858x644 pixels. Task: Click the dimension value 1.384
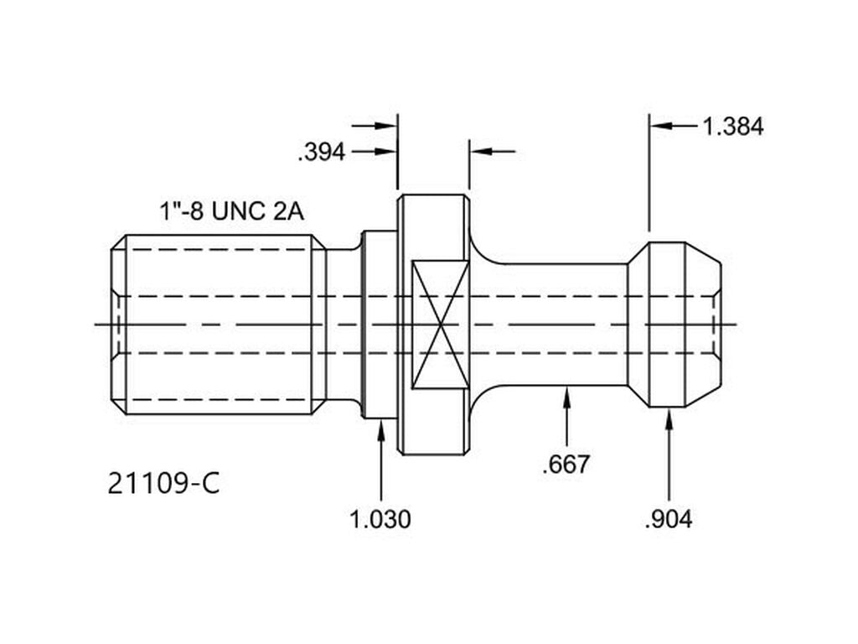[x=732, y=127]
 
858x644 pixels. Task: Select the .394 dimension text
[x=322, y=153]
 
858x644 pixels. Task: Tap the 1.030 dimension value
[x=380, y=519]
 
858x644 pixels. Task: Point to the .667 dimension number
[x=566, y=464]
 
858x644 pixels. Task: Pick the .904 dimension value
[x=669, y=519]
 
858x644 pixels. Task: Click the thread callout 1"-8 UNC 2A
[x=231, y=210]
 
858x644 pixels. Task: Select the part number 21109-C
[x=164, y=484]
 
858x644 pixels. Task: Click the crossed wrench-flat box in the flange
[x=441, y=324]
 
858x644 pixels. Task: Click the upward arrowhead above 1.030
[x=381, y=428]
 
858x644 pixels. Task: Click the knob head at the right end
[x=675, y=324]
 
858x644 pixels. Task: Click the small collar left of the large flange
[x=379, y=324]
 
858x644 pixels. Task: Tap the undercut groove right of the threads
[x=343, y=324]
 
